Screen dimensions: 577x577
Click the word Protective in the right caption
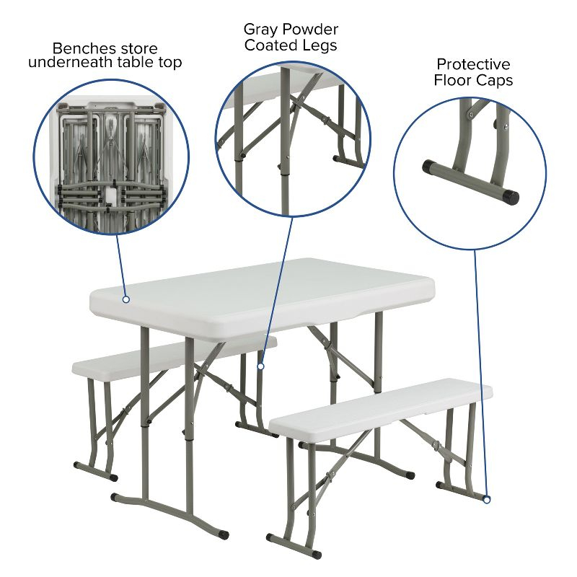(473, 65)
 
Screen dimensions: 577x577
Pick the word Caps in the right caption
(495, 80)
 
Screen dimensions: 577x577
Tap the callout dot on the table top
(125, 299)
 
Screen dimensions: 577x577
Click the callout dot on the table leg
(261, 366)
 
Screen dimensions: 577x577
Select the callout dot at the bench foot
(487, 499)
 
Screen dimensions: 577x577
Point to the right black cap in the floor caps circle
(511, 195)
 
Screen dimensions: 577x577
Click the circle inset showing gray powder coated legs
(293, 137)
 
